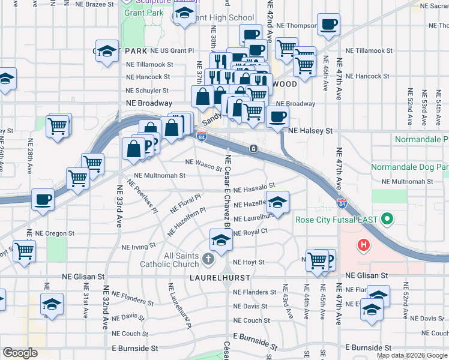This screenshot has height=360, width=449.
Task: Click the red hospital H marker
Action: tap(363, 245)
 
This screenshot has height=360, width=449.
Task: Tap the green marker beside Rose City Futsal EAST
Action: tap(388, 219)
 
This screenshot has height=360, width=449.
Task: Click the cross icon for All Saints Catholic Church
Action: tap(208, 259)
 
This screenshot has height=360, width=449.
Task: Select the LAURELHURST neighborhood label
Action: tap(213, 278)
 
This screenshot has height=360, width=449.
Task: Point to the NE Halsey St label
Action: tap(310, 130)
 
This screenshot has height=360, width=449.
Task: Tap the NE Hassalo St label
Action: tap(254, 187)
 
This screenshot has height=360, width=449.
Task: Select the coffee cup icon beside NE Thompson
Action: tap(328, 25)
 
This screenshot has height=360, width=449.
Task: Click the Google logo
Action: tap(20, 353)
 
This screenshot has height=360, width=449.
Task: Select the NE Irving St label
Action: tap(139, 246)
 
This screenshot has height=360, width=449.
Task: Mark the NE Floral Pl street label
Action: tap(185, 203)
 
